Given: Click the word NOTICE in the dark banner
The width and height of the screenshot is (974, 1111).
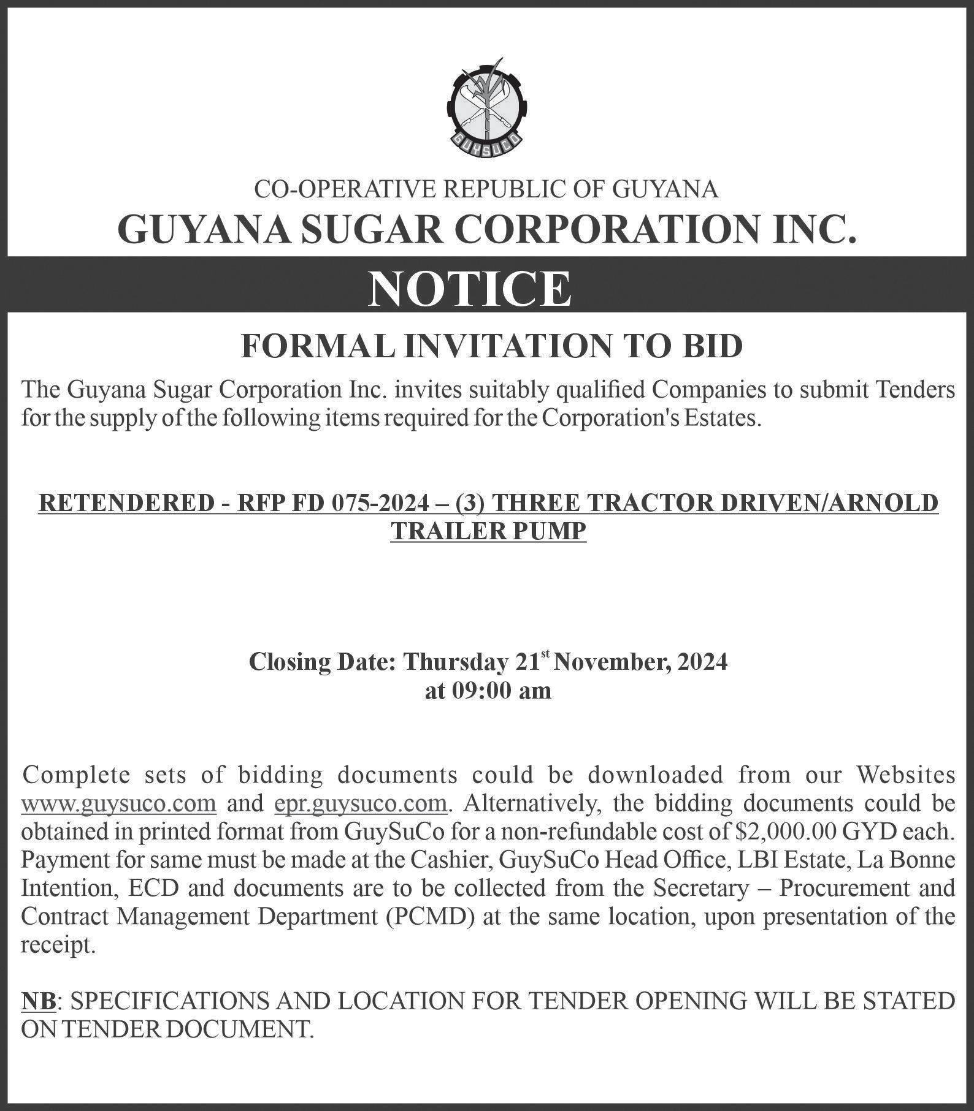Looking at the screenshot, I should tap(469, 289).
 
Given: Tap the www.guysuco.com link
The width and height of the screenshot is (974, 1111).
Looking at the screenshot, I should tap(118, 803).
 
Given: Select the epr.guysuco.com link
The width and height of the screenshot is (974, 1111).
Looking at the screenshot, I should tap(360, 803).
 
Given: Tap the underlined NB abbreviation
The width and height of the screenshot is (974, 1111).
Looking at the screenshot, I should tap(39, 1001).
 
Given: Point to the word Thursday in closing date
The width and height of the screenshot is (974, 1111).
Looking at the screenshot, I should tap(455, 662).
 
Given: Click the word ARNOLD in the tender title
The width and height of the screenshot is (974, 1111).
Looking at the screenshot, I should tap(891, 503).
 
